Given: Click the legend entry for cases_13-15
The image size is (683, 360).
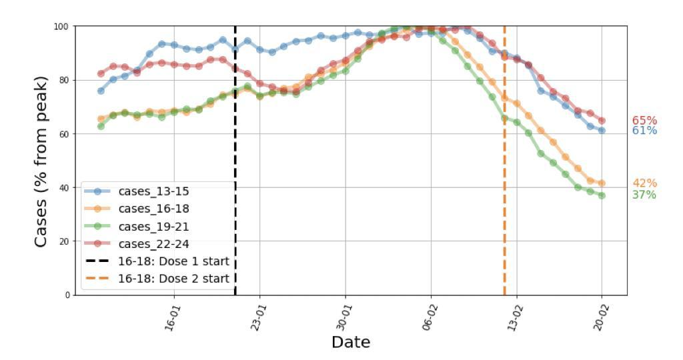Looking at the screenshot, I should click(x=153, y=191).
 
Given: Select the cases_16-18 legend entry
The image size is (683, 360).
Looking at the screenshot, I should click(x=153, y=208).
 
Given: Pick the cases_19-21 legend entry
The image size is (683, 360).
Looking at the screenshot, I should click(x=153, y=226).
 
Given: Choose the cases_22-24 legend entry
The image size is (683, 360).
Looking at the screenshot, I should click(x=153, y=243).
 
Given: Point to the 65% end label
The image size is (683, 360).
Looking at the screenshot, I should click(x=644, y=121).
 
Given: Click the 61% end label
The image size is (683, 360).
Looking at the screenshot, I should click(x=644, y=131).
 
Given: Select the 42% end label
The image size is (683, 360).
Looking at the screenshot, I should click(x=644, y=183).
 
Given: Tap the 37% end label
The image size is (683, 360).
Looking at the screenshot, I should click(x=644, y=195).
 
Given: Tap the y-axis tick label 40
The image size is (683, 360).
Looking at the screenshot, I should click(x=65, y=187).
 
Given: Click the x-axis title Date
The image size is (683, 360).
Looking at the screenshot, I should click(x=350, y=343).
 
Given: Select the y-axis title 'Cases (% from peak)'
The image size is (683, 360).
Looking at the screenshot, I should click(x=41, y=161).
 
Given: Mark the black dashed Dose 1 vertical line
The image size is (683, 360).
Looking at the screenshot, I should click(x=235, y=133).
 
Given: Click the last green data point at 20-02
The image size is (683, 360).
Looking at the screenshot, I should click(x=602, y=195).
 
